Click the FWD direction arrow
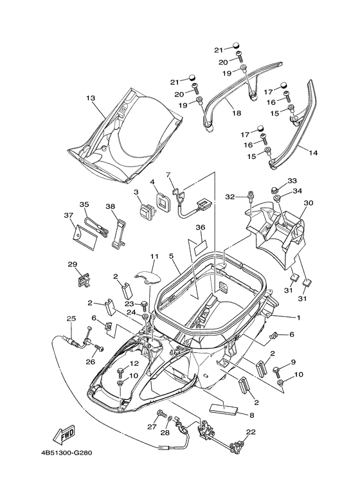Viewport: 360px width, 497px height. (64, 433)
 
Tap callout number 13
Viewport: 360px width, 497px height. (91, 98)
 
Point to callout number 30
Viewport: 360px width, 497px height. (308, 203)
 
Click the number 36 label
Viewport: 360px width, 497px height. (201, 227)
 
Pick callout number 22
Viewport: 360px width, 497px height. (251, 431)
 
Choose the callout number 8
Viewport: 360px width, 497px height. (251, 415)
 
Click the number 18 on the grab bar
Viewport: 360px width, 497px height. (237, 113)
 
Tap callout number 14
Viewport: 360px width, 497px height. (313, 153)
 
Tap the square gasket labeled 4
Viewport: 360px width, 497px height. (164, 203)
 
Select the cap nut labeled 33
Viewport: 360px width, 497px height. (274, 190)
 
